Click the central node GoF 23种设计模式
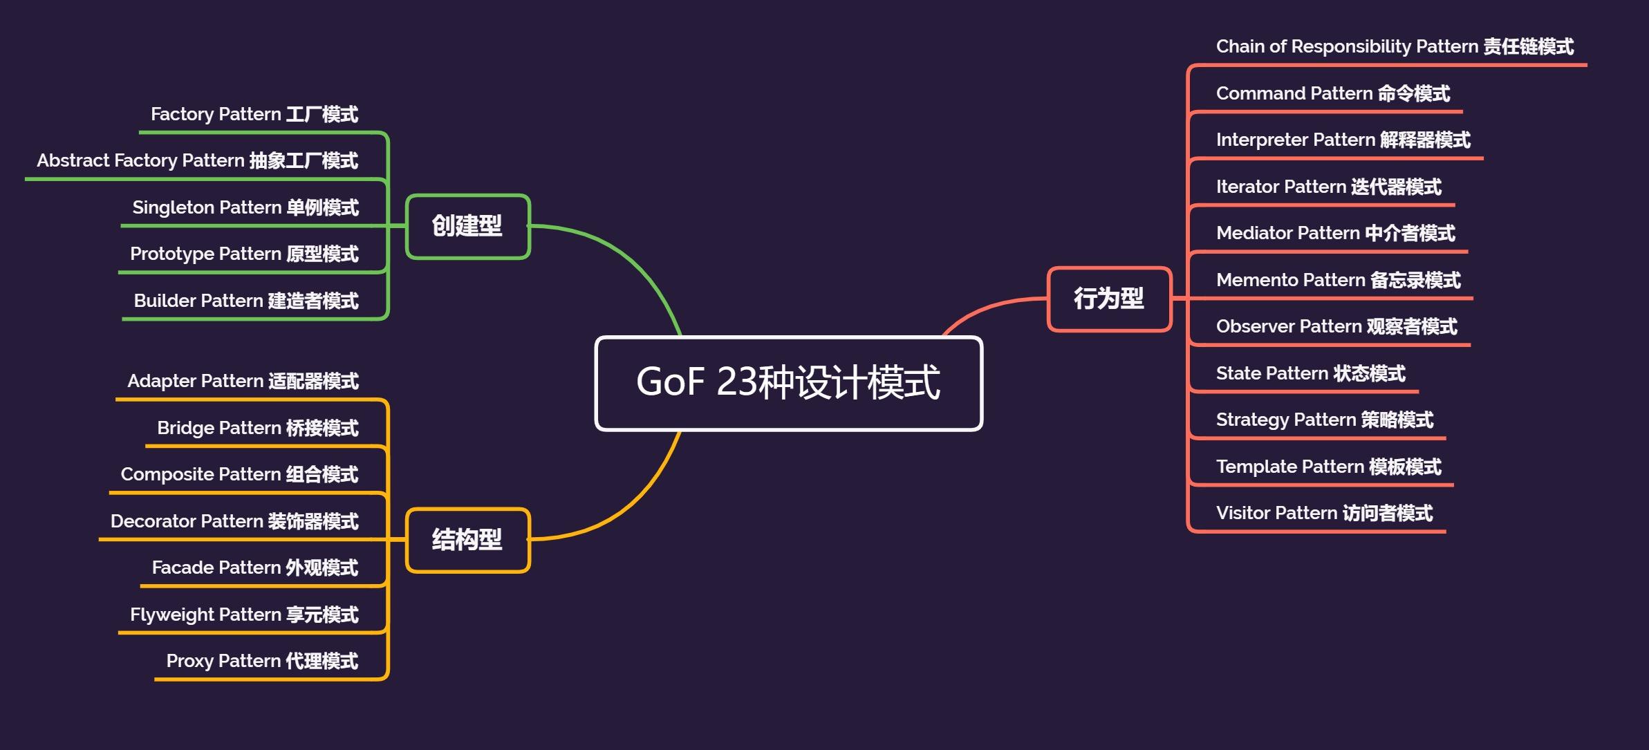click(x=788, y=383)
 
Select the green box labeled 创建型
click(x=467, y=226)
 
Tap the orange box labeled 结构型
click(x=467, y=540)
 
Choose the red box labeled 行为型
click(x=1109, y=299)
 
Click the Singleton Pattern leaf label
click(x=245, y=207)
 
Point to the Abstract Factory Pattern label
click(x=197, y=160)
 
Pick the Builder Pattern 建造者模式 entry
click(x=245, y=301)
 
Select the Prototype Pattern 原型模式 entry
click(x=244, y=254)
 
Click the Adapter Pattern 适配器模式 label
click(x=243, y=381)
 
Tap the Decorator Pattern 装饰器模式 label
click(x=234, y=521)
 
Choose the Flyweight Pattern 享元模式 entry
click(x=244, y=615)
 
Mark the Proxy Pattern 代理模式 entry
click(x=262, y=661)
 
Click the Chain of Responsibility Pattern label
click(x=1395, y=46)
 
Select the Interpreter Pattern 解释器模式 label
click(x=1343, y=140)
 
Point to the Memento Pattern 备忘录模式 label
click(x=1338, y=280)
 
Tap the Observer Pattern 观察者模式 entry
click(x=1336, y=326)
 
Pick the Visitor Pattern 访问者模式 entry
click(x=1324, y=513)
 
